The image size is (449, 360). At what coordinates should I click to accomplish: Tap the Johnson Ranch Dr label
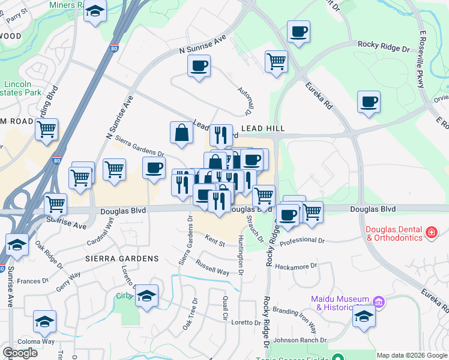(x=298, y=340)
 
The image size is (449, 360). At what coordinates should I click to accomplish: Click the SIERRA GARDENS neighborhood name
(x=121, y=259)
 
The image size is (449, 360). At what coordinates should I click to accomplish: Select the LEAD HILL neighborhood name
(x=262, y=129)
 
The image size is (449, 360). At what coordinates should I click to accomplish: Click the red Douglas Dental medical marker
(x=431, y=232)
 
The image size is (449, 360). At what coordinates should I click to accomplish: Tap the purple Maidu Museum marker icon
(x=378, y=301)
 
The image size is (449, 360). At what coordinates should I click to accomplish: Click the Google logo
(x=20, y=353)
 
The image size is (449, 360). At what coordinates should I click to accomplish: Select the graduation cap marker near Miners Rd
(x=95, y=12)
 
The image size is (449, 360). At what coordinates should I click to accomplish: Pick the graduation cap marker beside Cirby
(x=146, y=296)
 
